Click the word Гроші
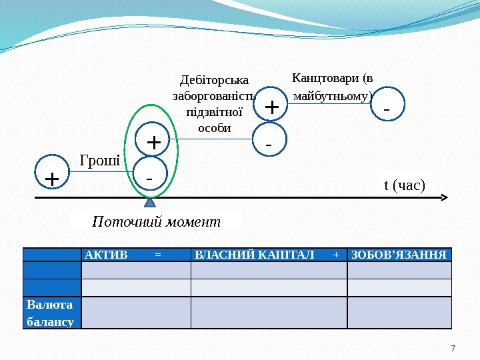99,160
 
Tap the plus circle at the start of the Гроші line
52,178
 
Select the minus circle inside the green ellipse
149,178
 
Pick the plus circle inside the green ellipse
153,141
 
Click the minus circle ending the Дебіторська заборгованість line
269,142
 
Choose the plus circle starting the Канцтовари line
271,105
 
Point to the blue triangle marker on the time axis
149,203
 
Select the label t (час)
404,184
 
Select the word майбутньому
331,97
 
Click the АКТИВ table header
105,255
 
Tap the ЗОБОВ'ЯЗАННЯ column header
399,255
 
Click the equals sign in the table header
157,255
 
